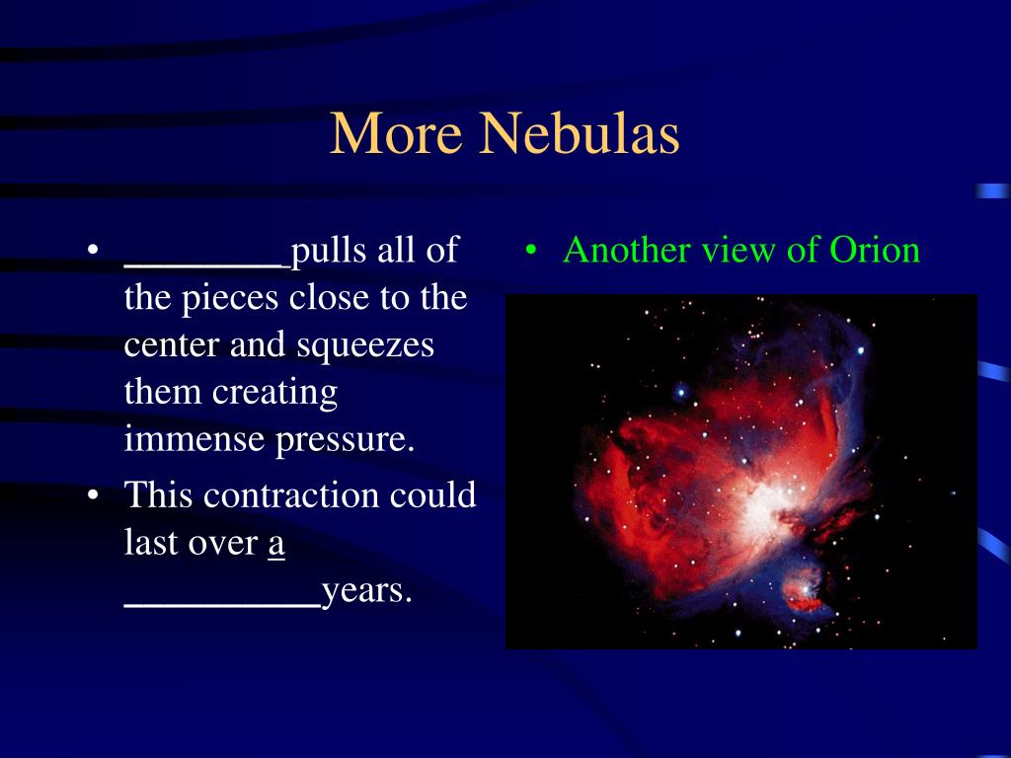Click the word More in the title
(x=396, y=132)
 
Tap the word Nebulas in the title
(x=579, y=132)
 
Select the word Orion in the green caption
(x=875, y=250)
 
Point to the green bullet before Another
(x=530, y=250)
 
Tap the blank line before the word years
(x=222, y=605)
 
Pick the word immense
(x=194, y=439)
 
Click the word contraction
(x=291, y=495)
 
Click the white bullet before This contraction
(x=94, y=495)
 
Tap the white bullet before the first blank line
(x=94, y=250)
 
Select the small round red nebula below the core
(x=803, y=590)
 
